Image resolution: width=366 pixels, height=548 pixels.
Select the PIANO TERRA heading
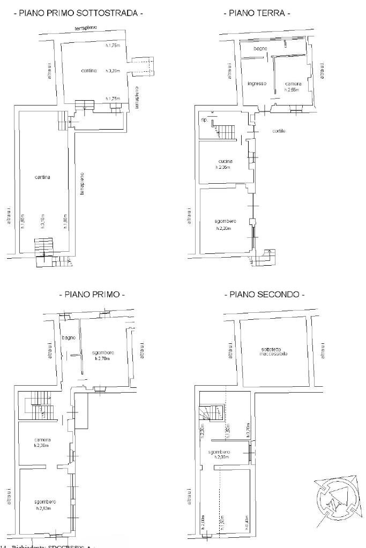[257, 13]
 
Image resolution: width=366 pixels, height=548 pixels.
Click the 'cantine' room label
[89, 71]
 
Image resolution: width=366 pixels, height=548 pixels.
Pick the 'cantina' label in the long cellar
[43, 177]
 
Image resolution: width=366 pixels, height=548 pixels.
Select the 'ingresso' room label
[257, 84]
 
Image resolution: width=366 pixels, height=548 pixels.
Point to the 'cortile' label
[279, 131]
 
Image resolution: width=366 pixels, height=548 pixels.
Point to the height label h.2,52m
[44, 508]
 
